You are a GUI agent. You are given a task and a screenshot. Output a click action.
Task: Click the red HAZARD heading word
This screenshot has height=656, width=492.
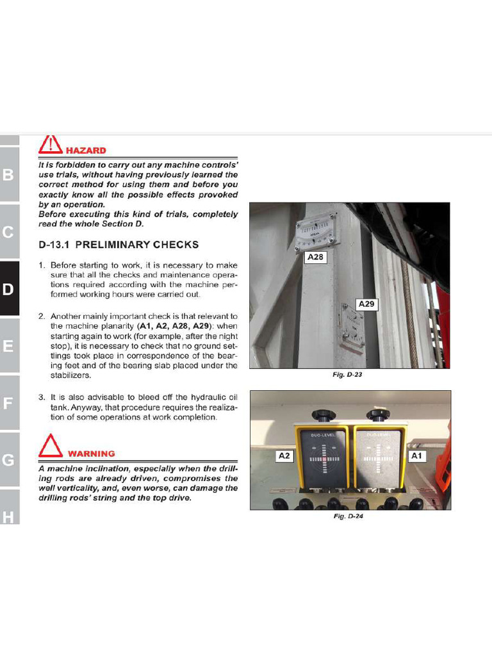[86, 151]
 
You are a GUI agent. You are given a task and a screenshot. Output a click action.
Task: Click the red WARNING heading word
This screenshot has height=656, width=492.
[91, 454]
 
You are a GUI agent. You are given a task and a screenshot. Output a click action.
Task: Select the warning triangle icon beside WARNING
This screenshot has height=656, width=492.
[51, 447]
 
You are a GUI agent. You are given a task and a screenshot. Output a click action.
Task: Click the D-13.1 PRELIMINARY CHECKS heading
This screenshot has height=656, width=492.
[119, 245]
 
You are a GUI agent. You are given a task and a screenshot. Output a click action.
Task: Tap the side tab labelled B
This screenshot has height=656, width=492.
[8, 175]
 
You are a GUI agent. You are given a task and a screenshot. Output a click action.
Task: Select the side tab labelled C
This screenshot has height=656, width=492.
[8, 232]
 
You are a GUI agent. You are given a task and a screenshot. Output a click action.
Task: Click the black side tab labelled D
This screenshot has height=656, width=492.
[8, 289]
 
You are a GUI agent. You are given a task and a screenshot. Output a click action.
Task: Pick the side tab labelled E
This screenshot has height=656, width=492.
[8, 346]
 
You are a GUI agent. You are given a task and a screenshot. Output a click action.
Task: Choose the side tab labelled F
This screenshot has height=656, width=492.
[8, 403]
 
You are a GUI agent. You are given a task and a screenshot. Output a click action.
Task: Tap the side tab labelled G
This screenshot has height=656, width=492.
[8, 460]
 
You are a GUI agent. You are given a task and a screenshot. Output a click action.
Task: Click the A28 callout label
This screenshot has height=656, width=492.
[316, 258]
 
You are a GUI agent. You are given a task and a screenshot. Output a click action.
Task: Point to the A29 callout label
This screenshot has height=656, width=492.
[366, 304]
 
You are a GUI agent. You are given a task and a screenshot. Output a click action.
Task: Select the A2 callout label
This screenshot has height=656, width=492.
[284, 456]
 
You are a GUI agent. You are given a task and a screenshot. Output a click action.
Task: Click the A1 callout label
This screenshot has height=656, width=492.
[417, 456]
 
